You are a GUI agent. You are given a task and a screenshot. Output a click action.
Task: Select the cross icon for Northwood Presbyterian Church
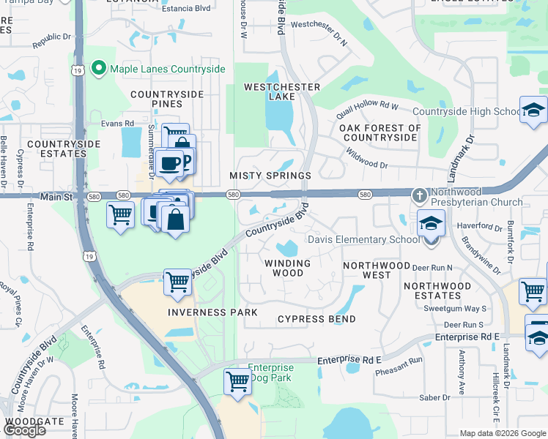(419, 195)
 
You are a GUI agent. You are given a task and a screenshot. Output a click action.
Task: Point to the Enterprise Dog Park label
(270, 372)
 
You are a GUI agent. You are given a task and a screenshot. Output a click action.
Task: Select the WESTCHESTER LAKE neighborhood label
(282, 91)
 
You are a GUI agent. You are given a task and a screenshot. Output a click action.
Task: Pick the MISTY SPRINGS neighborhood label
(270, 176)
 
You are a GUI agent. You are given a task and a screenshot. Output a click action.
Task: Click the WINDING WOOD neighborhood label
(288, 268)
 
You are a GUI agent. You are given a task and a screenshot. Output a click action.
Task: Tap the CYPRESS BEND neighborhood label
(316, 319)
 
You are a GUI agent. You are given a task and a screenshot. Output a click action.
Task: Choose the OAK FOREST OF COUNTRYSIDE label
(380, 132)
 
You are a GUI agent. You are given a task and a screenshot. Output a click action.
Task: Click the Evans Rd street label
(117, 124)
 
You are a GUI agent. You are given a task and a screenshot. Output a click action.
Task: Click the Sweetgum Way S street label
(456, 309)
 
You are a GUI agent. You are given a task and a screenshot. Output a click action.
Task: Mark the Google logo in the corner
(24, 430)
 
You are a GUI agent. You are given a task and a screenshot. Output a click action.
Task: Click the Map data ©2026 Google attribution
(503, 432)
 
